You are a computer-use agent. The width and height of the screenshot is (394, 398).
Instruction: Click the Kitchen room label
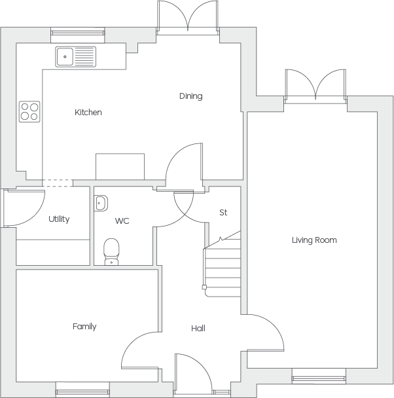pos(88,112)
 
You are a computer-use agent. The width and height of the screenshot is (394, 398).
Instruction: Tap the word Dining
pos(191,96)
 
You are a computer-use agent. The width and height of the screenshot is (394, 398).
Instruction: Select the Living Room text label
pos(314,240)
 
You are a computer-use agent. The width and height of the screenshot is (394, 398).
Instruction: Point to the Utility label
pos(59,219)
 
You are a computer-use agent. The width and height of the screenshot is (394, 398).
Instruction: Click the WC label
pos(122,221)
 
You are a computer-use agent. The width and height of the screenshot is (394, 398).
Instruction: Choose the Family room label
pos(84,327)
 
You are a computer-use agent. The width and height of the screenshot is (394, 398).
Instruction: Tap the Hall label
pos(198,328)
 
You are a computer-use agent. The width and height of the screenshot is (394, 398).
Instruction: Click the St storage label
pos(223,213)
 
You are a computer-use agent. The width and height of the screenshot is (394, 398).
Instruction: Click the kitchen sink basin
pos(65,56)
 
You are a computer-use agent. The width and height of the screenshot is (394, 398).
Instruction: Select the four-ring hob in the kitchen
pos(29,112)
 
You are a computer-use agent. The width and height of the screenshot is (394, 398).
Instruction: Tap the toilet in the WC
pos(111,251)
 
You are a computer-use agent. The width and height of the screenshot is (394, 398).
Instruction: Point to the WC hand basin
pos(101,203)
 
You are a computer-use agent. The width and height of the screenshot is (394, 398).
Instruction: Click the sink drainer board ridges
pos(84,56)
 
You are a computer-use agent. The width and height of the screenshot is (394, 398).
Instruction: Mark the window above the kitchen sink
pos(78,33)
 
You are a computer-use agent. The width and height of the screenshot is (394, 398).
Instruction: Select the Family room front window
pos(82,392)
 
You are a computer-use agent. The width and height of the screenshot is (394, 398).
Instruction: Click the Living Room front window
pos(319,379)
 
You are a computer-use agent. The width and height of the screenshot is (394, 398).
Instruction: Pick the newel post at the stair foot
pos(204,287)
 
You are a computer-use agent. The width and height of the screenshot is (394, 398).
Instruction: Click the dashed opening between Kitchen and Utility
pos(58,183)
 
